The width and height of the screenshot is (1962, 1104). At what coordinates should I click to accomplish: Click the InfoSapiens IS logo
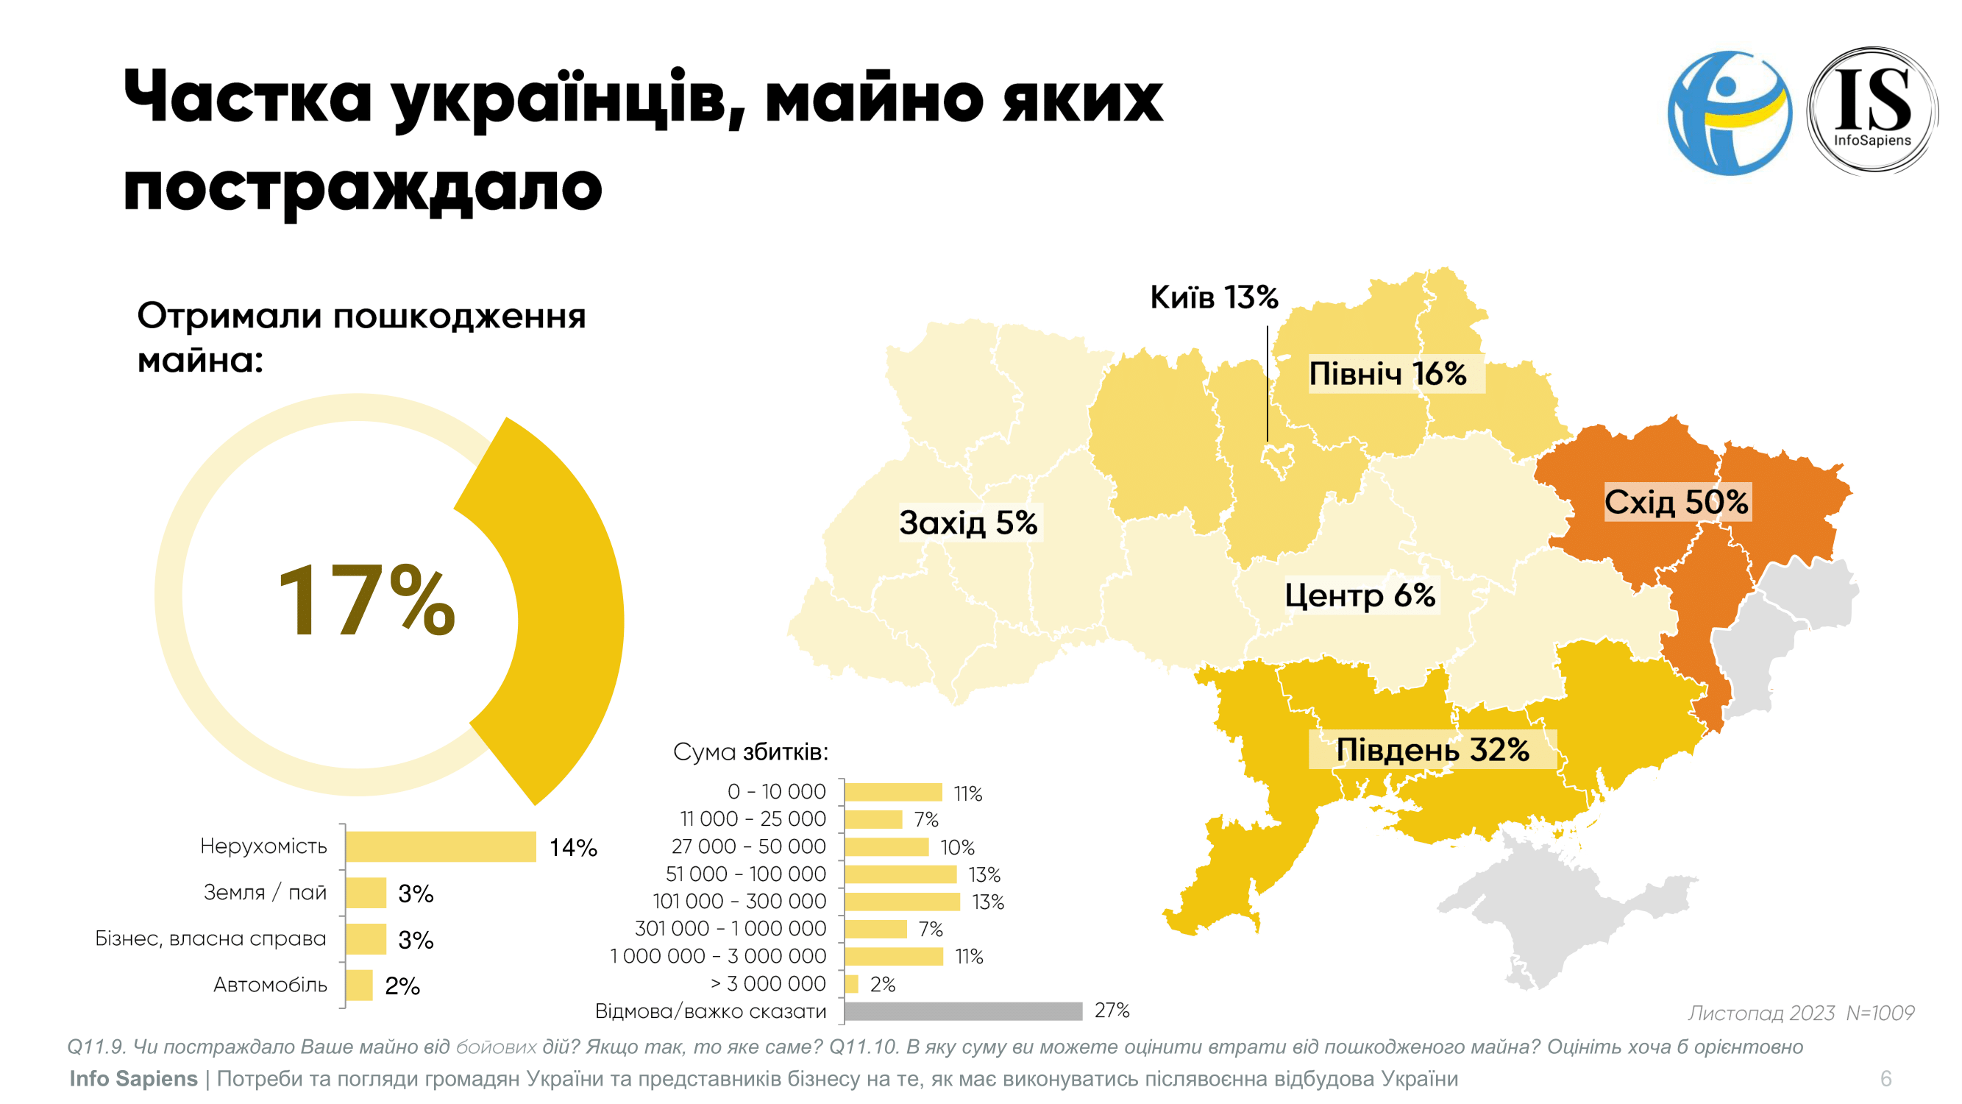click(1872, 111)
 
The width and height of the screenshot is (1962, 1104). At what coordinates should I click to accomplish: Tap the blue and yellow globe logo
click(1729, 113)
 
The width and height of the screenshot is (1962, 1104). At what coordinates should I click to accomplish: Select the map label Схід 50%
click(1677, 502)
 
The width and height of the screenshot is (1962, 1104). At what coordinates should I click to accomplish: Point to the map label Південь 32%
click(1432, 750)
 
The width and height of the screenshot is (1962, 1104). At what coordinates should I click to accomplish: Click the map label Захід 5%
click(968, 523)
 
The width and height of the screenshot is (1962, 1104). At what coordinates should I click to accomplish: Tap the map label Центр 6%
click(1359, 595)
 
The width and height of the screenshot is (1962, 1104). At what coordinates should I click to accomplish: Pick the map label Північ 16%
click(1387, 374)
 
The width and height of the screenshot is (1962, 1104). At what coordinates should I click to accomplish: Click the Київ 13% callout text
click(1214, 297)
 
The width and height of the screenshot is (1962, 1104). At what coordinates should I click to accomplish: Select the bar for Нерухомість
click(441, 846)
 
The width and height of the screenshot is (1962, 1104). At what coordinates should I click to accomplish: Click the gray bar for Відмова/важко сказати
click(964, 1011)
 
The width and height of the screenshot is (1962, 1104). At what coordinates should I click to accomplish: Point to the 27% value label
click(1112, 1011)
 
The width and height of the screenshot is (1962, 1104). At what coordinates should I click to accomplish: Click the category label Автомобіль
click(271, 986)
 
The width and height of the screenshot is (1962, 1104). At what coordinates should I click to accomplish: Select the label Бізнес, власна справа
click(210, 938)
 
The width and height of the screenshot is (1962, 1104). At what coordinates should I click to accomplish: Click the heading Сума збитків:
click(750, 752)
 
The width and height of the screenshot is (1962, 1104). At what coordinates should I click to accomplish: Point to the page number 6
click(1885, 1078)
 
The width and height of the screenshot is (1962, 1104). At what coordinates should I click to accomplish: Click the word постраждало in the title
click(363, 187)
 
